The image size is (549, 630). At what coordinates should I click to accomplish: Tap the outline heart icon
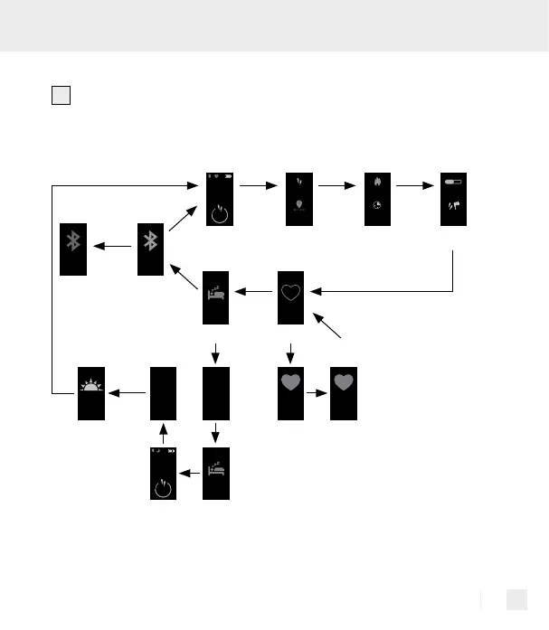tap(290, 293)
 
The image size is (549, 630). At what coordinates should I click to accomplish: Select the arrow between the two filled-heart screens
tap(317, 394)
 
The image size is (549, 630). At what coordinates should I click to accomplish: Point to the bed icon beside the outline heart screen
tap(215, 293)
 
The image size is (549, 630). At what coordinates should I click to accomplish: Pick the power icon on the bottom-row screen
tap(163, 489)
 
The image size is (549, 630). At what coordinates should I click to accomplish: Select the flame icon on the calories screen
tap(375, 181)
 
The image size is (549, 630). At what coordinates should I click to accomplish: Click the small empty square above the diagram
tap(60, 96)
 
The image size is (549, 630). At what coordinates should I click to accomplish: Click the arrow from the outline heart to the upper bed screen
tap(260, 292)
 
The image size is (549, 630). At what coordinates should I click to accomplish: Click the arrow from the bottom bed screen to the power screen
tap(189, 472)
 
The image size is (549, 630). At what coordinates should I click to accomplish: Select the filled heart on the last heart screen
tap(344, 381)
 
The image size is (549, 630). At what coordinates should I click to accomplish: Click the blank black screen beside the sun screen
tap(163, 393)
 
